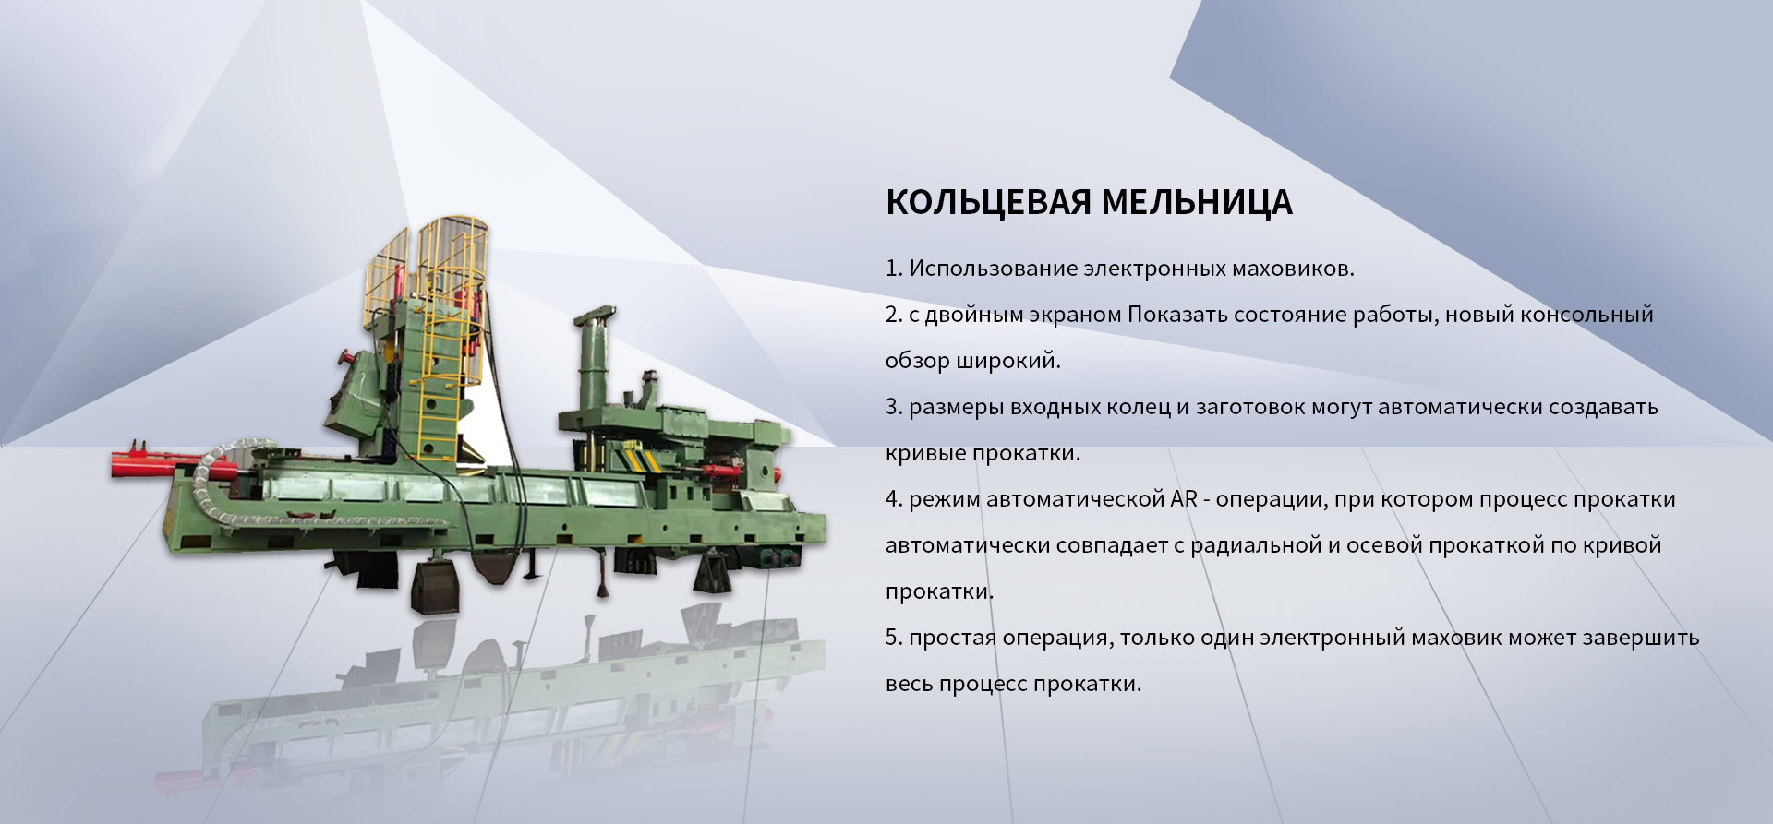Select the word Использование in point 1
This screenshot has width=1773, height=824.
993,269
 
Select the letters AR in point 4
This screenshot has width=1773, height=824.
1184,499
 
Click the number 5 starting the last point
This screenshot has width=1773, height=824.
893,638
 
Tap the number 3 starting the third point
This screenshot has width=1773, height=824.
893,407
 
